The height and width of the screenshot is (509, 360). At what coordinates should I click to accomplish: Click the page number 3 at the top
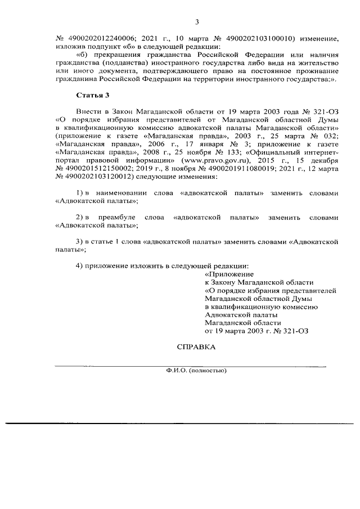(197, 22)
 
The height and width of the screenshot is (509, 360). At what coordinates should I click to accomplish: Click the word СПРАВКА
(196, 347)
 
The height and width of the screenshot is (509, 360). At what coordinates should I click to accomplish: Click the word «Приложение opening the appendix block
(226, 274)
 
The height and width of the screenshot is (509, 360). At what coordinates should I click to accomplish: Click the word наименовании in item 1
(132, 192)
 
